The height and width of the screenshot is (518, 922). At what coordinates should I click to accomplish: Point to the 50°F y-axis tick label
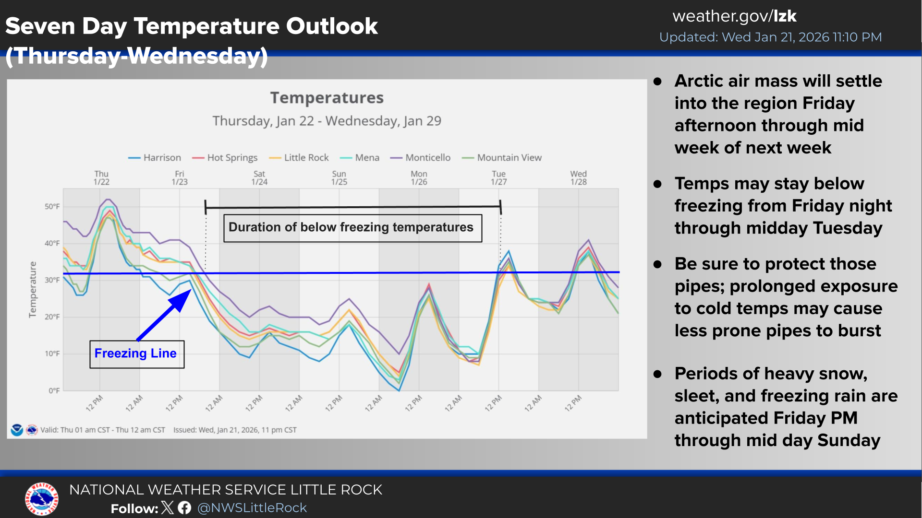point(52,207)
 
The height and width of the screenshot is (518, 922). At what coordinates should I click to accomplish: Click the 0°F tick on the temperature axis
point(54,391)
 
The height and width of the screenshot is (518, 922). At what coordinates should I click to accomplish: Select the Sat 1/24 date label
point(259,178)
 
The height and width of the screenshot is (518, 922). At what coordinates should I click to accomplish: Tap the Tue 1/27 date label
point(498,178)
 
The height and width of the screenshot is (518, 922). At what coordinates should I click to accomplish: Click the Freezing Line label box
point(136,354)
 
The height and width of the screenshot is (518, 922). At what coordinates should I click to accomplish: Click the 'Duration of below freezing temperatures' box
point(352,228)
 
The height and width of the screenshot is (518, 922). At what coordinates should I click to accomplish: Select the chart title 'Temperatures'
point(327,98)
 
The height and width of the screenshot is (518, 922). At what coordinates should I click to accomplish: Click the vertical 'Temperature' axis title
point(33,289)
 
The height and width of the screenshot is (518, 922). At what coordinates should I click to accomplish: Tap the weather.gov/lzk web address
point(734,16)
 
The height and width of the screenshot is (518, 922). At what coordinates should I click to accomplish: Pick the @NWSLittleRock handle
point(252,508)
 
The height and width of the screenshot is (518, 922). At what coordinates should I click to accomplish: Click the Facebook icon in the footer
point(184,508)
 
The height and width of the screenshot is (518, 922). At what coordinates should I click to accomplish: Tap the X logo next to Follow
point(168,508)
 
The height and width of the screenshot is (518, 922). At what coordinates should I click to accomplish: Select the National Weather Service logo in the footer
point(42,499)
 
